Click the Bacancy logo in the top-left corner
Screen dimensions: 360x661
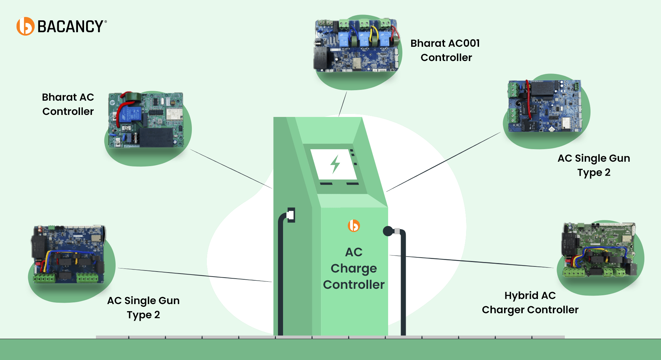pyautogui.click(x=61, y=26)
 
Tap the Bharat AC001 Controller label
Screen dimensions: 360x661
pyautogui.click(x=445, y=50)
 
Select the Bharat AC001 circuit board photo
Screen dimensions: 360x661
pyautogui.click(x=356, y=45)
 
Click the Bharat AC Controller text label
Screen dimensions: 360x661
pyautogui.click(x=68, y=104)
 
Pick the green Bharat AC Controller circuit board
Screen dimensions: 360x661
pyautogui.click(x=146, y=120)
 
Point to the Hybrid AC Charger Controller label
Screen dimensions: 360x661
pyautogui.click(x=530, y=302)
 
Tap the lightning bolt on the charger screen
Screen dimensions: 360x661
pyautogui.click(x=335, y=164)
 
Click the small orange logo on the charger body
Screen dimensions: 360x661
pyautogui.click(x=354, y=225)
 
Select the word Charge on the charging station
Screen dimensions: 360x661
pyautogui.click(x=354, y=268)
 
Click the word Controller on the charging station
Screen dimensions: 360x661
pyautogui.click(x=354, y=284)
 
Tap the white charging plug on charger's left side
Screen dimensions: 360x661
pyautogui.click(x=291, y=215)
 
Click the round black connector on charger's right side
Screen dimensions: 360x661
pyautogui.click(x=388, y=231)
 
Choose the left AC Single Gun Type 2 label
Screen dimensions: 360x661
pyautogui.click(x=143, y=307)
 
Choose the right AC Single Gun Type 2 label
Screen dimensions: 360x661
pyautogui.click(x=594, y=165)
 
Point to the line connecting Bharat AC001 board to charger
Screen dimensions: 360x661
pyautogui.click(x=343, y=104)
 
